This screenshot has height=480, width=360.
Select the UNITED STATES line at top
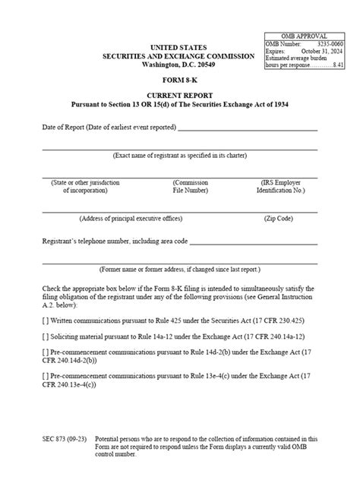tap(180, 48)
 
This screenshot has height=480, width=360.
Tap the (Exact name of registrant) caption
tap(180, 155)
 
